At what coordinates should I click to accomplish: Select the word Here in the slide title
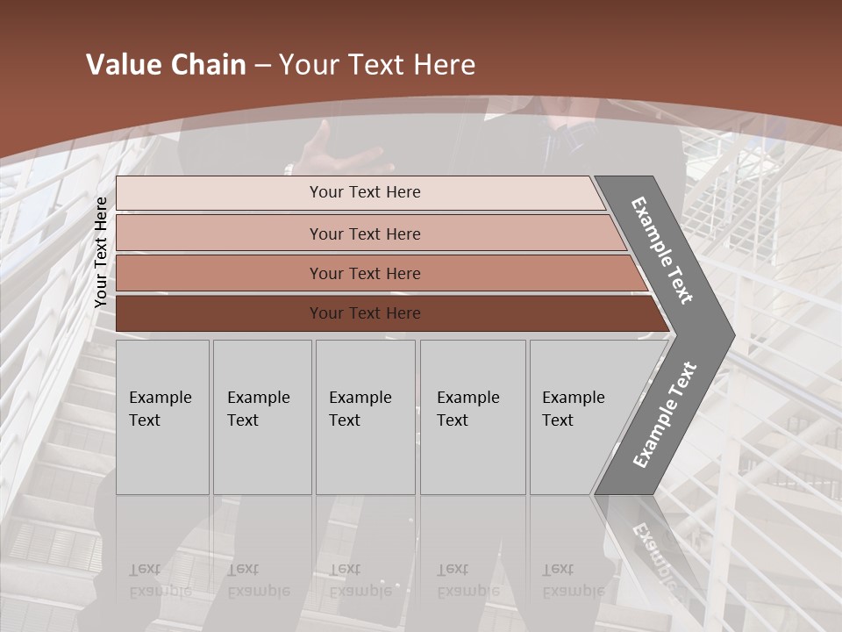point(444,65)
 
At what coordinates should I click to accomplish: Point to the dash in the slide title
point(262,66)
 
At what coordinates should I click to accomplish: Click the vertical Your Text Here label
point(101,252)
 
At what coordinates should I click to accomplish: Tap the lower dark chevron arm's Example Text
point(664,415)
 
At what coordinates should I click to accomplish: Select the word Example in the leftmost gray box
point(160,398)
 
